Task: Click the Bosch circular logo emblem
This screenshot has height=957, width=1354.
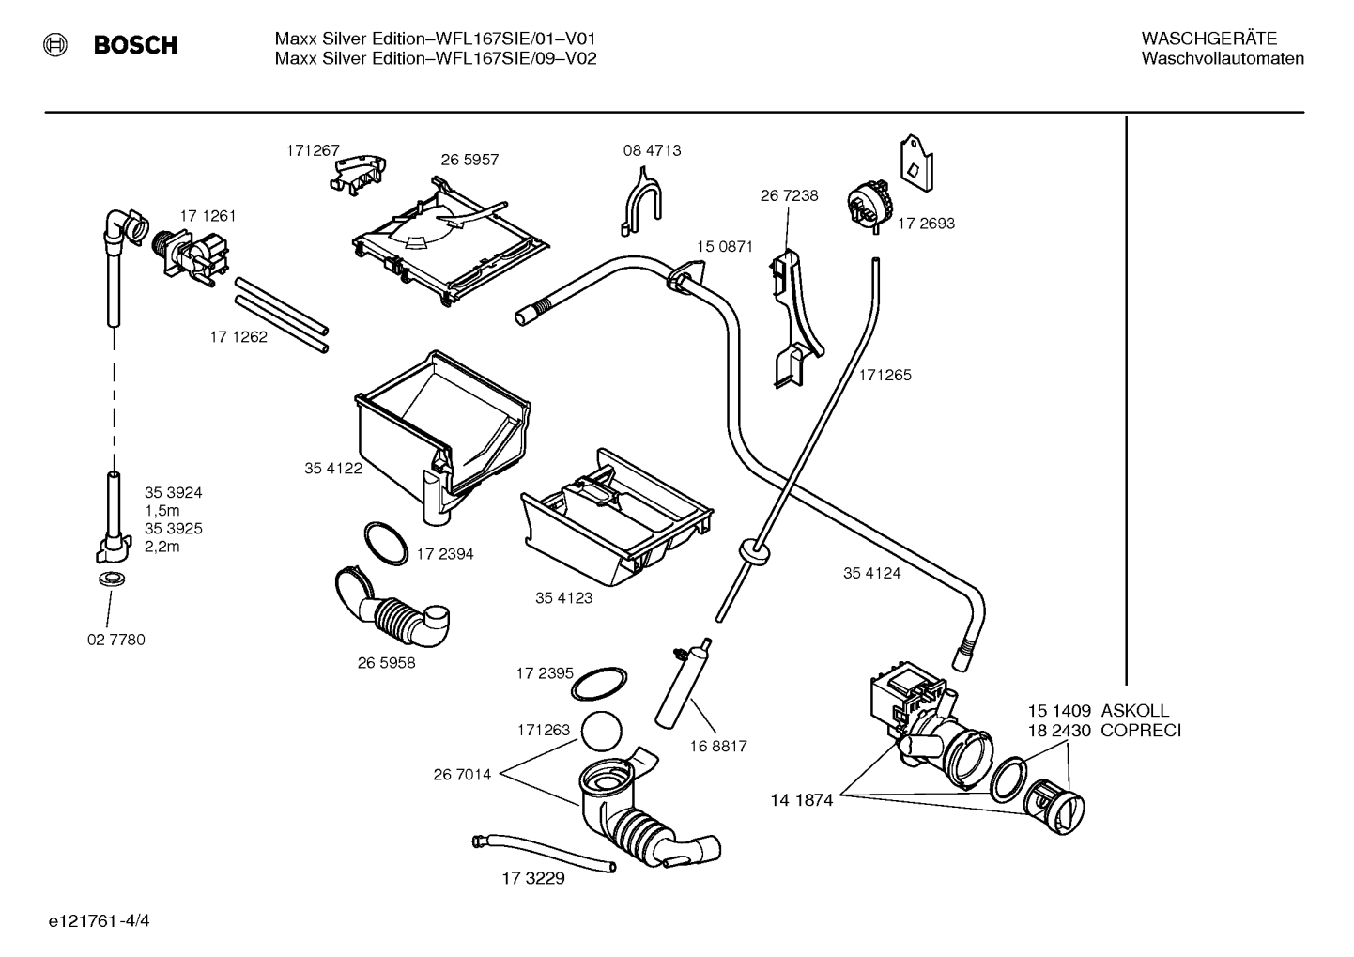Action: (x=55, y=45)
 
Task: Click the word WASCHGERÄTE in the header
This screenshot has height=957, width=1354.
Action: (x=1209, y=39)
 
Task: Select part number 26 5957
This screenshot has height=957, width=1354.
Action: (x=469, y=160)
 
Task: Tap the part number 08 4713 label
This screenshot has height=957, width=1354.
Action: (x=653, y=150)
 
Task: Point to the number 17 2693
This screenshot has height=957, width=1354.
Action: (x=926, y=224)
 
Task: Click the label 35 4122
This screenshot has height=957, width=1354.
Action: (x=333, y=468)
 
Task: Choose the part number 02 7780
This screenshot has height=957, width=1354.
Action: (x=116, y=639)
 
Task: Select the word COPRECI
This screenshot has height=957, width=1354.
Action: (x=1141, y=731)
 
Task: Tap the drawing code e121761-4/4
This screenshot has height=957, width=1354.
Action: (x=100, y=920)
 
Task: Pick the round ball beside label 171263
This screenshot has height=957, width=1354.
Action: (x=602, y=731)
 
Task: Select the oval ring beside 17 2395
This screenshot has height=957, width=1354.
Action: (x=598, y=684)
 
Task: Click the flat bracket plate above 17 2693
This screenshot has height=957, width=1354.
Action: (x=916, y=163)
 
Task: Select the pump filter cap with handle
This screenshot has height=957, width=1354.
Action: (x=1054, y=807)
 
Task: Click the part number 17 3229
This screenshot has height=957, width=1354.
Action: (x=533, y=878)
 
